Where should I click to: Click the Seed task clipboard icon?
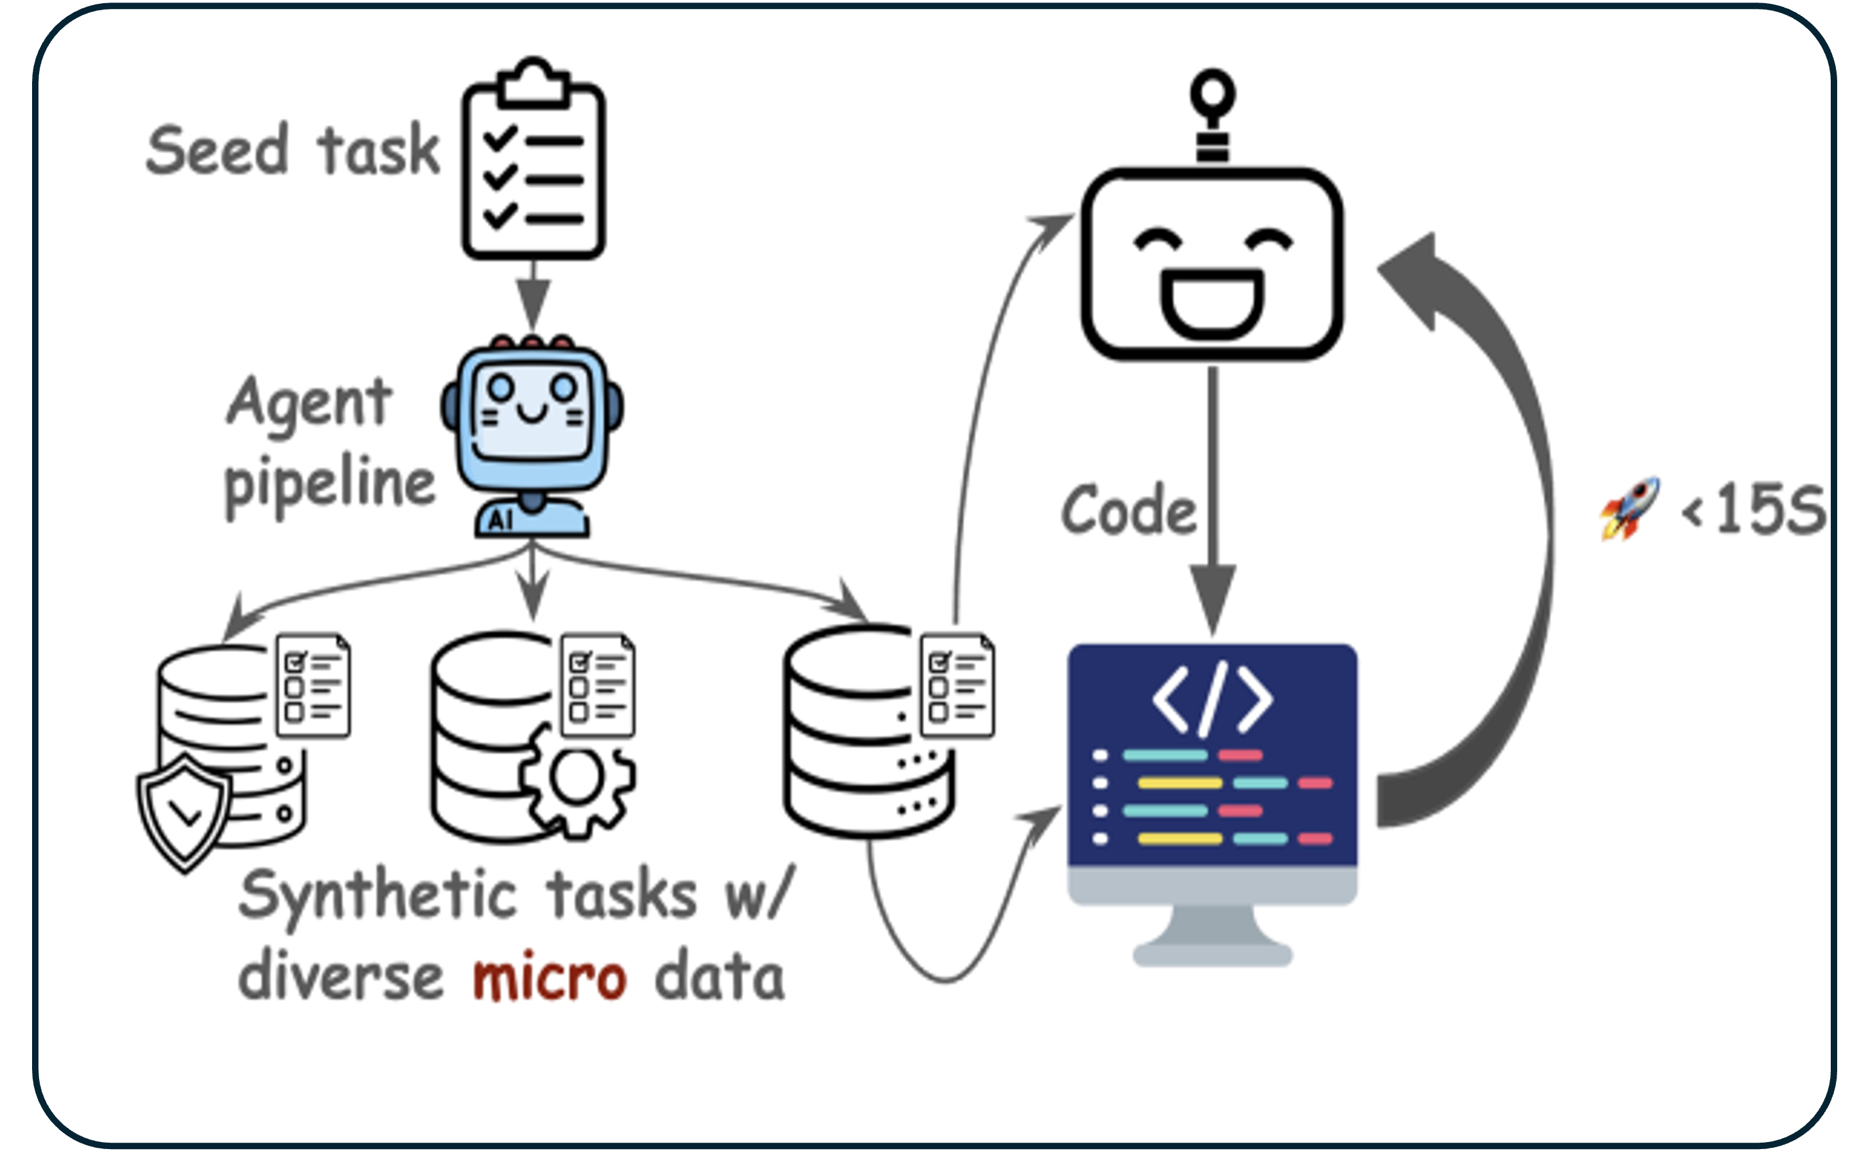(533, 163)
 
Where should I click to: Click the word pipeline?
(329, 483)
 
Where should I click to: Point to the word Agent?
(309, 404)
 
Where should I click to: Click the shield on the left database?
(183, 811)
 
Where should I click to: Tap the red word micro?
(549, 977)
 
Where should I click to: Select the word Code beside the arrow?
(1129, 510)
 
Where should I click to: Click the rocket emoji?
(1630, 508)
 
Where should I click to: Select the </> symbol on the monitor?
(1212, 699)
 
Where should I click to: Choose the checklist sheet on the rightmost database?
(957, 685)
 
